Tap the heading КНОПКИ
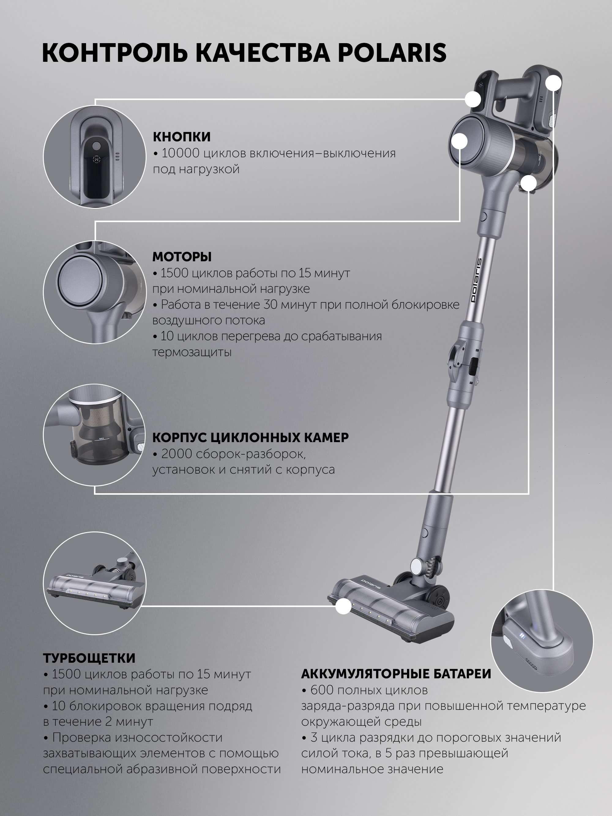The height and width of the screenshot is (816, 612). tap(182, 136)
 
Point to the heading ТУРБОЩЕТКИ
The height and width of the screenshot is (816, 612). tap(89, 658)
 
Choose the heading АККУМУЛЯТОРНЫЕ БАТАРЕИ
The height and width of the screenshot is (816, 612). tap(396, 674)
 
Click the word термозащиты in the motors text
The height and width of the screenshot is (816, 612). tap(192, 352)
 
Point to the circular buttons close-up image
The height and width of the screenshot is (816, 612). tap(95, 156)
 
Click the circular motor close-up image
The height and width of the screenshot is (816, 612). tap(95, 292)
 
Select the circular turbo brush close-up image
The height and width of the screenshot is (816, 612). tap(95, 583)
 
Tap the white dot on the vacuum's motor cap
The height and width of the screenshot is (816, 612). tap(460, 141)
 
